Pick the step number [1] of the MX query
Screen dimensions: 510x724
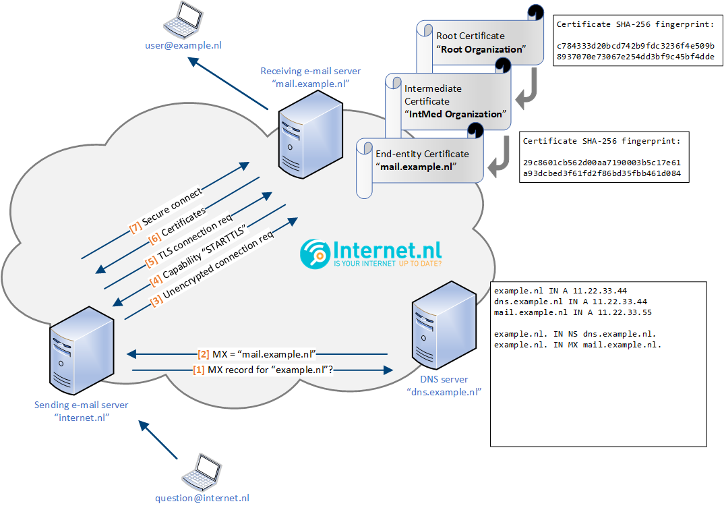(199, 370)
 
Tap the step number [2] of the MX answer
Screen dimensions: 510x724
(203, 353)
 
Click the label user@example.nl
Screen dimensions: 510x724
(183, 45)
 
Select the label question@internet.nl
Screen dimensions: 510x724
(202, 498)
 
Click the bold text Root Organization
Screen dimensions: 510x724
(481, 49)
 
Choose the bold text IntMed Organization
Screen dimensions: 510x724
(457, 114)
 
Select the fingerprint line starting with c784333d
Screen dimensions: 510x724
(636, 45)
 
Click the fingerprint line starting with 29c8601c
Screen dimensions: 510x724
(602, 163)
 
